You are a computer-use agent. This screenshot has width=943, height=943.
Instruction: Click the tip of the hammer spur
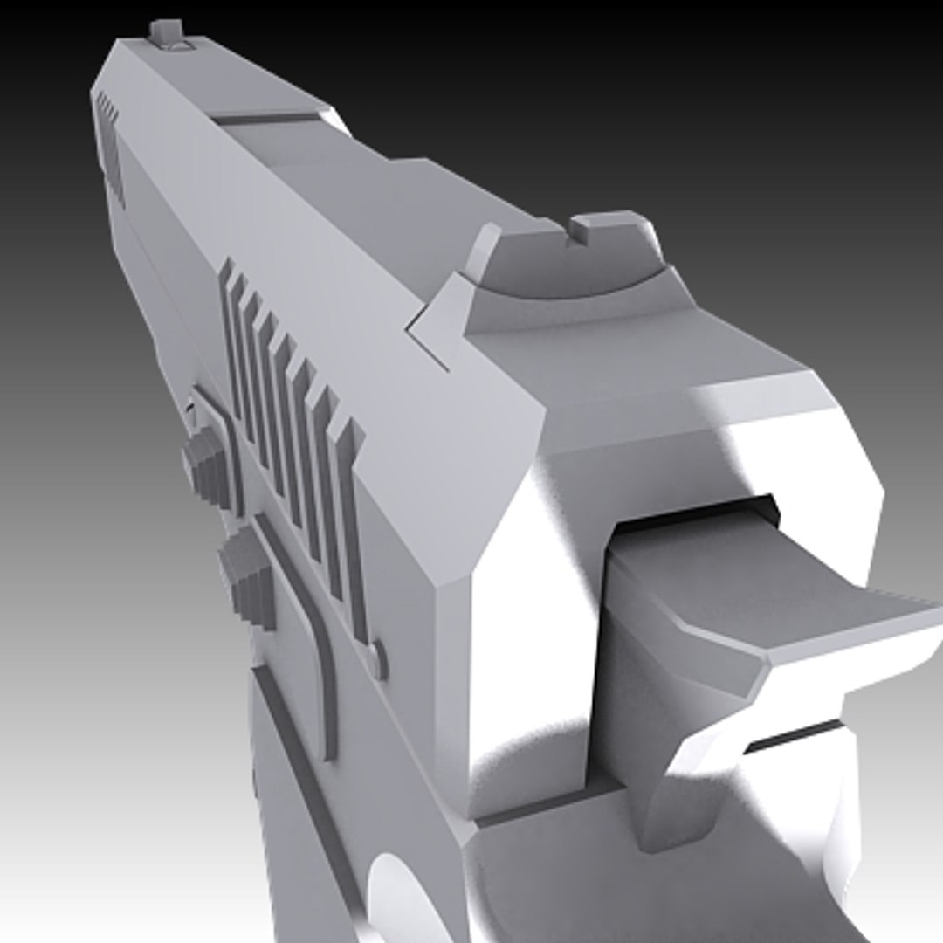pyautogui.click(x=917, y=611)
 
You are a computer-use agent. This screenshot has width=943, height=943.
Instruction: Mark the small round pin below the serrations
pyautogui.click(x=377, y=659)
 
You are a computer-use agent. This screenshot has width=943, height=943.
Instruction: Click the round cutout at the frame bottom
pyautogui.click(x=397, y=899)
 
